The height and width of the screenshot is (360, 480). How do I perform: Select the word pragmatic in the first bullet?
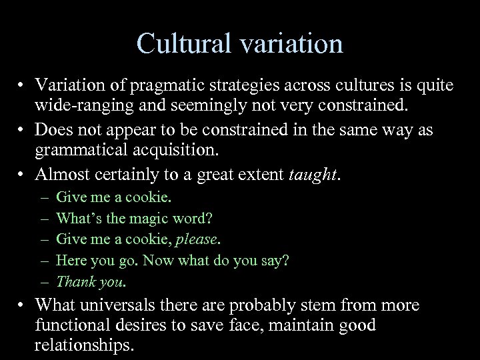coord(169,86)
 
